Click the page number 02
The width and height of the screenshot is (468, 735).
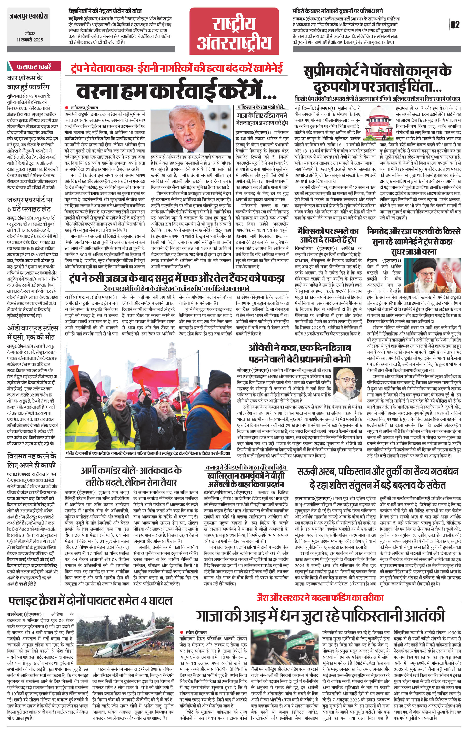click(x=455, y=25)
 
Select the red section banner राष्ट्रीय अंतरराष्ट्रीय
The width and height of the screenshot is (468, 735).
click(x=234, y=31)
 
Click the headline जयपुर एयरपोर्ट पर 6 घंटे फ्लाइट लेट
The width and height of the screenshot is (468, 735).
click(x=30, y=204)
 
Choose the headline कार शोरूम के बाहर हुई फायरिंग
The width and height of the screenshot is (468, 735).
click(x=28, y=82)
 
